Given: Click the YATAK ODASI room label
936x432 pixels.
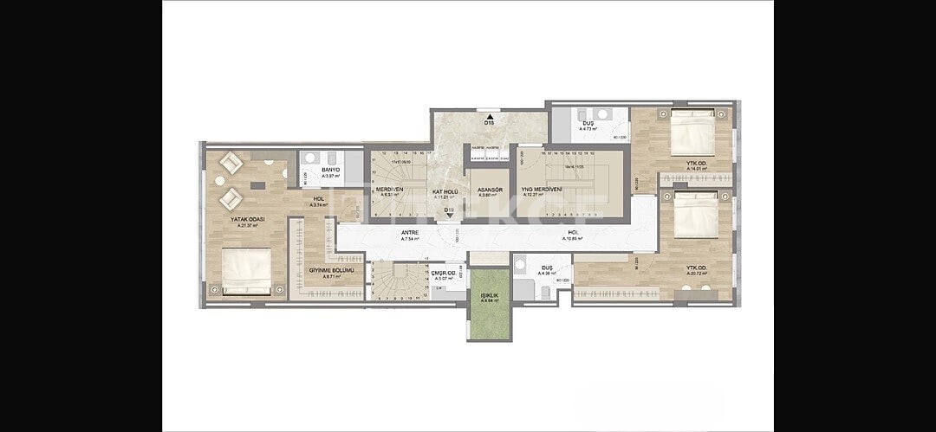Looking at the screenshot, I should [247, 220].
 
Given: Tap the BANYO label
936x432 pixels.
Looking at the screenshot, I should [330, 170].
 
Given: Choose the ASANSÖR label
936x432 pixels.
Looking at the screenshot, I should [491, 190].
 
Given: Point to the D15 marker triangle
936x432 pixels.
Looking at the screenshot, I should [491, 115].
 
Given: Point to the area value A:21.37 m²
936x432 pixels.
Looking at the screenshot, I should [247, 226].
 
